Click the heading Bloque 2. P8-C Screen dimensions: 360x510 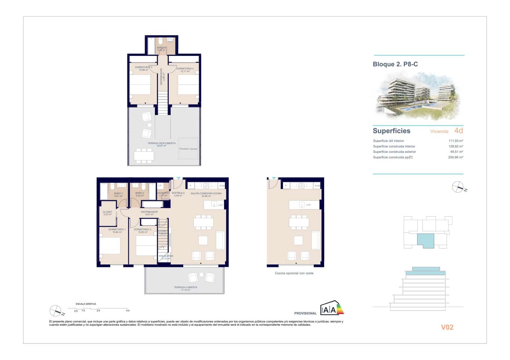click(395, 64)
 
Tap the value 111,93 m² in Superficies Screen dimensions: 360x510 click(455, 141)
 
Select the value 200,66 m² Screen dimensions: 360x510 click(455, 157)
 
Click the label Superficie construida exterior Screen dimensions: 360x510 click(394, 152)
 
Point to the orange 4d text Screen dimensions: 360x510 click(458, 131)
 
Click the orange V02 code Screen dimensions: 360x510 click(447, 327)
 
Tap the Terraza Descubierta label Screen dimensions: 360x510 click(162, 144)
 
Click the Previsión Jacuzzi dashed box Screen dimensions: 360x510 click(188, 148)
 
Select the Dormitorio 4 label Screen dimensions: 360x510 click(185, 69)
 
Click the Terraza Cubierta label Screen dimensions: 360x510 click(186, 287)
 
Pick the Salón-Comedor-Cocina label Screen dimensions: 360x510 click(206, 194)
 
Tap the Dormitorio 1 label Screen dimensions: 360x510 click(117, 230)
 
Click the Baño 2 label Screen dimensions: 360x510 click(140, 193)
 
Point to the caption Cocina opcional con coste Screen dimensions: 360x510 click(294, 273)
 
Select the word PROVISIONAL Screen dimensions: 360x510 click(305, 313)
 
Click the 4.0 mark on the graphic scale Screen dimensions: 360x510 click(127, 311)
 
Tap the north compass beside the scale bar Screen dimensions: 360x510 click(55, 311)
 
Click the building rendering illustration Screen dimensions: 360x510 click(418, 96)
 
